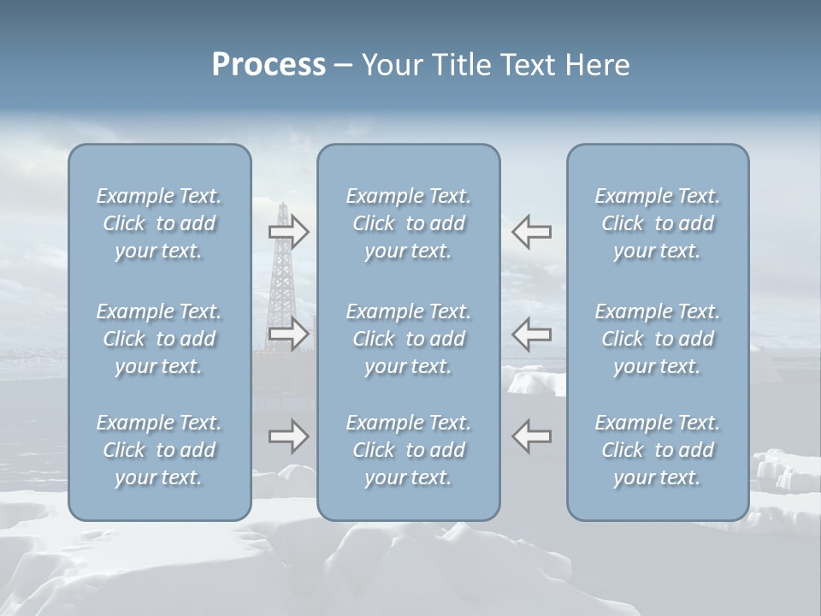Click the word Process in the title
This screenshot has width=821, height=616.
point(269,65)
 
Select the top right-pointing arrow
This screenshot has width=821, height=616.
point(289,232)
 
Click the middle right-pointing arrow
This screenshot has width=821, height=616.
point(289,334)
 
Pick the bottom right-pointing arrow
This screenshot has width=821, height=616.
point(289,436)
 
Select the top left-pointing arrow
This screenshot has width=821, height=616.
point(531,232)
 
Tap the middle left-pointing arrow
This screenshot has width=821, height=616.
point(531,334)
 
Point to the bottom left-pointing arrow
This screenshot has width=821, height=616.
point(531,436)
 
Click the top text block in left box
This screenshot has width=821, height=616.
point(159,223)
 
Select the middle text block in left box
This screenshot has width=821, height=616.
point(159,339)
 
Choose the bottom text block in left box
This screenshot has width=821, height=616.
point(159,450)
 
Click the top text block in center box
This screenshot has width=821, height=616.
point(408,223)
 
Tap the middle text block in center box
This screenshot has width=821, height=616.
point(408,339)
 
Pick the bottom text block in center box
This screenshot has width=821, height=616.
point(408,450)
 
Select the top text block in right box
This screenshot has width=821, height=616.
point(657,223)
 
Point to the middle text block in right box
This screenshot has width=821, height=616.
point(657,339)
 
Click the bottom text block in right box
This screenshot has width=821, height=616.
point(657,450)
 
